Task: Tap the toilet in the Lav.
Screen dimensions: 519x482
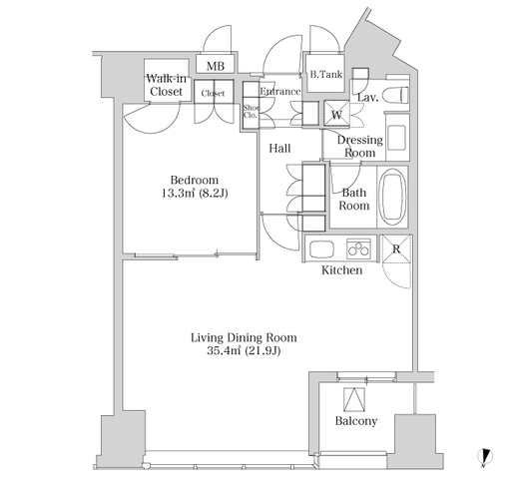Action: click(395, 95)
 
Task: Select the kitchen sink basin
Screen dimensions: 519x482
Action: click(321, 249)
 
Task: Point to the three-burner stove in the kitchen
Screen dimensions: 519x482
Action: click(358, 248)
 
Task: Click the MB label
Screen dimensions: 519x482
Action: click(216, 66)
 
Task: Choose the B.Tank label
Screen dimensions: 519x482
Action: click(326, 74)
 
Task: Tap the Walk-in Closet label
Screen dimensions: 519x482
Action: click(166, 85)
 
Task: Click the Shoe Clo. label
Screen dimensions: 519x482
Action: click(252, 112)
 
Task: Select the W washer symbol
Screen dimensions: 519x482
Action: click(336, 114)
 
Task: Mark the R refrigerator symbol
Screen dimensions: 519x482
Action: click(396, 248)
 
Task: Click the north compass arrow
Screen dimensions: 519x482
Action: click(485, 457)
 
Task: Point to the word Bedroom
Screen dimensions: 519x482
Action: click(195, 180)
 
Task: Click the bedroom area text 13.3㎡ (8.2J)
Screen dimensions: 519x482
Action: click(195, 193)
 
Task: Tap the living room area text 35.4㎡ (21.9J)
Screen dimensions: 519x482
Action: click(244, 350)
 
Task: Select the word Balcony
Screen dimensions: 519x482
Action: click(356, 421)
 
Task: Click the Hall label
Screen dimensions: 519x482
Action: click(279, 149)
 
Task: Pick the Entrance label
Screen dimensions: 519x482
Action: click(279, 92)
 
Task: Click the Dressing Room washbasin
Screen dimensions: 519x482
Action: click(396, 138)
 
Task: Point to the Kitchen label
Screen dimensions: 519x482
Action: click(341, 269)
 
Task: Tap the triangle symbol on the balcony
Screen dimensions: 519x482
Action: click(354, 400)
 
